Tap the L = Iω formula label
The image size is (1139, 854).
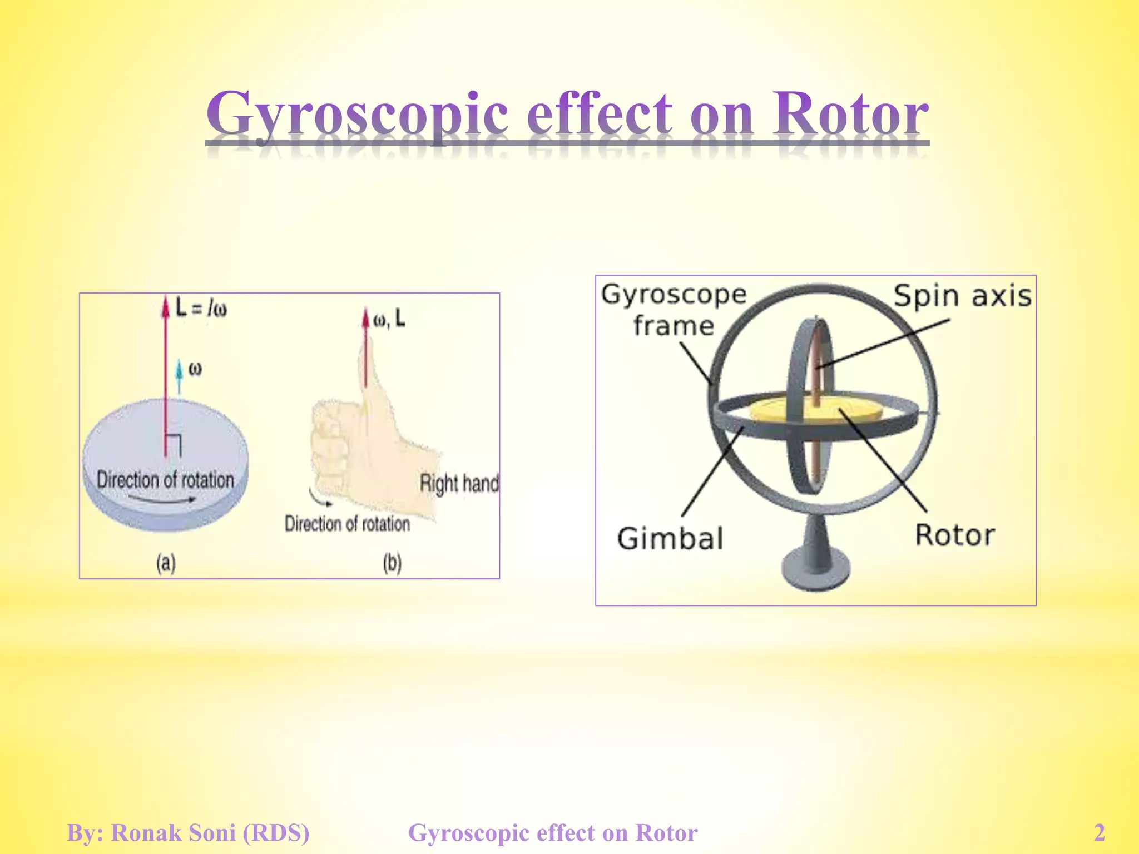pyautogui.click(x=201, y=307)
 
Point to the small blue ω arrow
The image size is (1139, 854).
pyautogui.click(x=179, y=376)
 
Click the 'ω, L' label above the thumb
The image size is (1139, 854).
pyautogui.click(x=389, y=320)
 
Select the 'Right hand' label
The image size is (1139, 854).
pyautogui.click(x=459, y=483)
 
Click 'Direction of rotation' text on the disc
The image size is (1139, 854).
pyautogui.click(x=165, y=479)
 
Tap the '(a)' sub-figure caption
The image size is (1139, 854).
pyautogui.click(x=166, y=563)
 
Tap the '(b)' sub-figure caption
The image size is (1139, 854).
pyautogui.click(x=392, y=563)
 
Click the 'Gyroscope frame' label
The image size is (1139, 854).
pyautogui.click(x=673, y=310)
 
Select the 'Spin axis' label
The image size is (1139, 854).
pyautogui.click(x=962, y=296)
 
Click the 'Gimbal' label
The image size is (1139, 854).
pyautogui.click(x=670, y=538)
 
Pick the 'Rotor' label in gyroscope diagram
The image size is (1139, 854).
pyautogui.click(x=955, y=535)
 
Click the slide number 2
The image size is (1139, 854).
pyautogui.click(x=1100, y=833)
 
